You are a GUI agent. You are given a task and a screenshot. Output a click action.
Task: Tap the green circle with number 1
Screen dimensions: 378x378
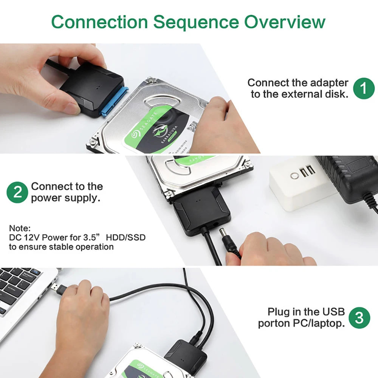pos(364,88)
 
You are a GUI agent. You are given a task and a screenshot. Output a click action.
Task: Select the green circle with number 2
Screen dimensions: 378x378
pos(17,192)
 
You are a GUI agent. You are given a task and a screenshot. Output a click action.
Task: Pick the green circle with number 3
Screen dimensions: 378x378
pos(359,318)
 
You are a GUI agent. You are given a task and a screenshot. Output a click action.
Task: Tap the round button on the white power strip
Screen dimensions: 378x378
pos(294,176)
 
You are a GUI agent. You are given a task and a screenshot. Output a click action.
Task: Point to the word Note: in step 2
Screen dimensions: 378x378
pos(20,229)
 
